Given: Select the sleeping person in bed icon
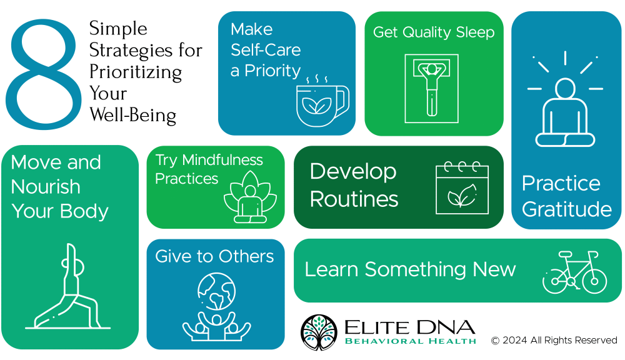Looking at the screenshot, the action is (x=432, y=89).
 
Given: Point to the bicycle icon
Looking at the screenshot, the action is (x=575, y=272).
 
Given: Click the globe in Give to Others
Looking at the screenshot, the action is (x=216, y=291).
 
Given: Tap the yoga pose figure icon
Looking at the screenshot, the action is (x=67, y=286).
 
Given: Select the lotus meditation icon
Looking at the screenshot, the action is (x=251, y=197).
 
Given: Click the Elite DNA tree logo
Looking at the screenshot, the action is (x=319, y=332).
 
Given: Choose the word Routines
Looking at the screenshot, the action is (x=354, y=199).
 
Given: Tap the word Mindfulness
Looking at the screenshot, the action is (x=222, y=160).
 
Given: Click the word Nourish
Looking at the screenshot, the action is (x=46, y=187).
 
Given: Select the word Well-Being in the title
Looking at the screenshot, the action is (x=132, y=115).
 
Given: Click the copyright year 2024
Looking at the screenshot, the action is (x=514, y=340).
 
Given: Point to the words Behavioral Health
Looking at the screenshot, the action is (x=411, y=341).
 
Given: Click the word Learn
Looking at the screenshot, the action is (x=331, y=269).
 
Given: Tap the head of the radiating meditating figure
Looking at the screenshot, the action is (x=565, y=88).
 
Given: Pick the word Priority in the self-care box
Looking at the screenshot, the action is (x=272, y=71).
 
